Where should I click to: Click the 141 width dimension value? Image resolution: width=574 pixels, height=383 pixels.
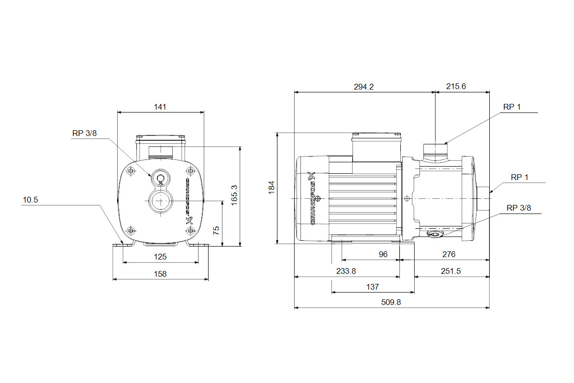[x=160, y=107]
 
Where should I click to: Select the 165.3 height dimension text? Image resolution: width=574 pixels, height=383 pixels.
[x=234, y=195]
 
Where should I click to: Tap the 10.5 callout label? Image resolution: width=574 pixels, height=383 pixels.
[x=30, y=200]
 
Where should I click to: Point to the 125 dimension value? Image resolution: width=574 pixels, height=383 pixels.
[x=160, y=257]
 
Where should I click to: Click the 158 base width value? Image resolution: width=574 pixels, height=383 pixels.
[x=160, y=274]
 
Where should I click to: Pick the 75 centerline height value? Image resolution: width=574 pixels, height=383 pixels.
[x=216, y=231]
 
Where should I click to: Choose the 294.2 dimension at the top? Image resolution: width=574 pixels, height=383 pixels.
[x=364, y=87]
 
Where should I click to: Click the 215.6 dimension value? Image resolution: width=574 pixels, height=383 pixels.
[x=456, y=86]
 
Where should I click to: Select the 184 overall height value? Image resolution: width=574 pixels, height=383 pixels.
[x=272, y=188]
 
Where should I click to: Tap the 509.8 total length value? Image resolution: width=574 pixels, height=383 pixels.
[x=391, y=302]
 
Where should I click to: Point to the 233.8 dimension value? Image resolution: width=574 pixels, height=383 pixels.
[x=346, y=271]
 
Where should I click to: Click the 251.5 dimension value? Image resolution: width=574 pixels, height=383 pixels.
[x=451, y=271]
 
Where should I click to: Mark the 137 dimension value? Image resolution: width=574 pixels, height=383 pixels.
[x=372, y=287]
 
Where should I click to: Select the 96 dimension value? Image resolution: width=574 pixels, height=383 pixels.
[x=383, y=254]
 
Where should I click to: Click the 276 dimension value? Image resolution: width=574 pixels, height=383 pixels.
[x=449, y=254]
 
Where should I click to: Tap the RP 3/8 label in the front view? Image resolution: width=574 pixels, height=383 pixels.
[x=85, y=134]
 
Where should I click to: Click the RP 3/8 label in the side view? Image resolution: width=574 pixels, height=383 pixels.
[x=519, y=208]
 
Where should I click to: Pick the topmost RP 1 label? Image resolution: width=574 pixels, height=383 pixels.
[x=512, y=107]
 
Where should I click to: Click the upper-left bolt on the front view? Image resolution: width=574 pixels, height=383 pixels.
[x=131, y=170]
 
